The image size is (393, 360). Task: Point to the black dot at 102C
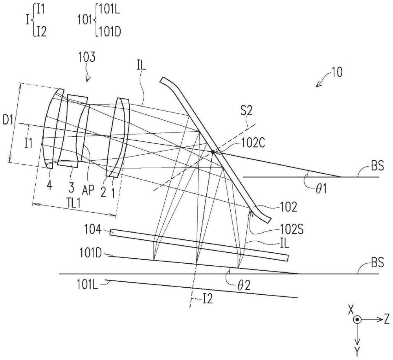point(213,151)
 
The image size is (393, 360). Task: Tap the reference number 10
point(336,72)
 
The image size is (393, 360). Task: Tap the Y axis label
point(356,350)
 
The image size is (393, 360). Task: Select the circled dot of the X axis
point(356,320)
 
